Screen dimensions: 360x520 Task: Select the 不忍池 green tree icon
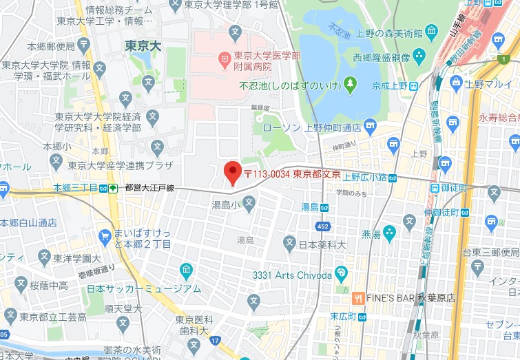[350, 85]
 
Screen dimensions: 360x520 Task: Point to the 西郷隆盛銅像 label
[382, 57]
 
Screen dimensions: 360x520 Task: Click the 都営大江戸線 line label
[149, 187]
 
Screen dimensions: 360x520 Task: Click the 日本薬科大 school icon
[289, 242]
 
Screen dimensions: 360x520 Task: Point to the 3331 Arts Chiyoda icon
[340, 275]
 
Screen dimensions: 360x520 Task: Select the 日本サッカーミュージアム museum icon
[186, 271]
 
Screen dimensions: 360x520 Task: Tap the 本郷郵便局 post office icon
[83, 45]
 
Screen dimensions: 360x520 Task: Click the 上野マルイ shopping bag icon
[455, 83]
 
